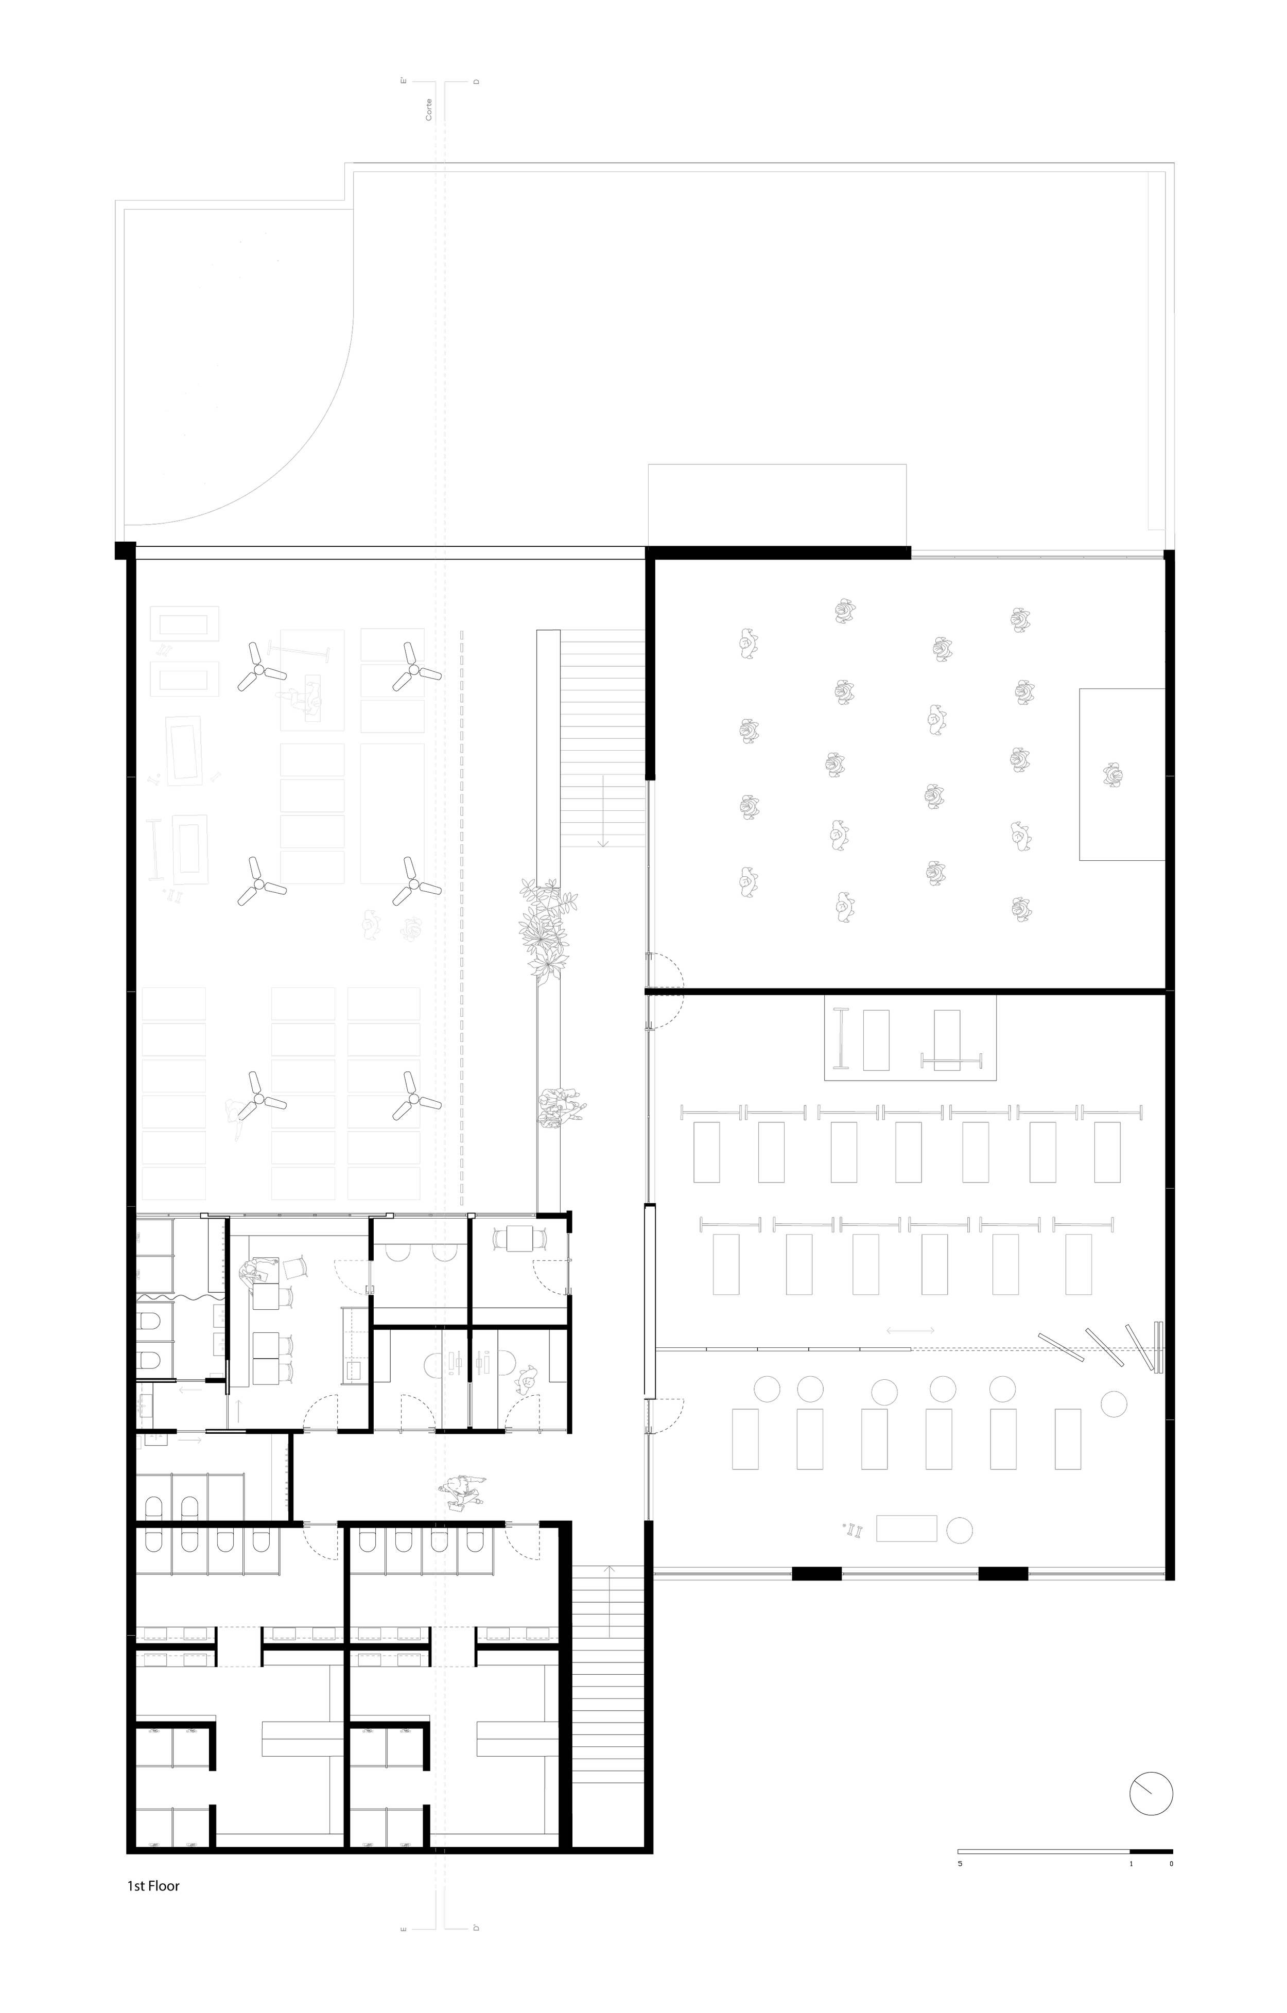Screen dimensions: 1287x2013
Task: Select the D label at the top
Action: click(476, 82)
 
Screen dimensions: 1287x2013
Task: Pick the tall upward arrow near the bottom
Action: click(609, 1601)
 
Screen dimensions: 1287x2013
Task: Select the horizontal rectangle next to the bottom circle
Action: click(906, 1528)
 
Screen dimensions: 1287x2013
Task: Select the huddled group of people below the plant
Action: click(561, 1107)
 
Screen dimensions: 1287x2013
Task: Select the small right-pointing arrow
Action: click(190, 1439)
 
